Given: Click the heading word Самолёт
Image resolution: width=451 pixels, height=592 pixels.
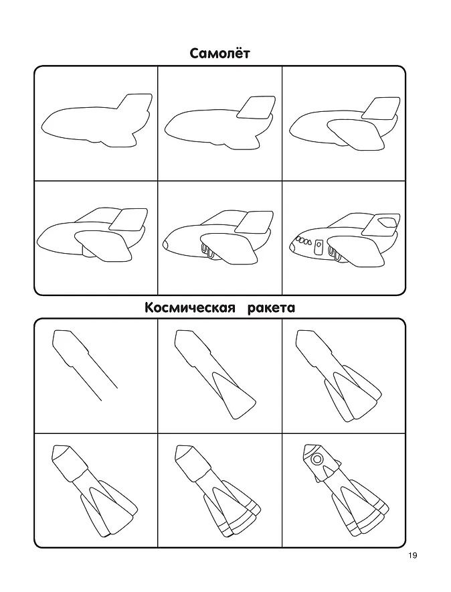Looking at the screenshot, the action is click(219, 54).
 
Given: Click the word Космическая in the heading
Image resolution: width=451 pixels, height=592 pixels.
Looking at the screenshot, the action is click(187, 308).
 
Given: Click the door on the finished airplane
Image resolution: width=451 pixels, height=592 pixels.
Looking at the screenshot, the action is click(319, 247).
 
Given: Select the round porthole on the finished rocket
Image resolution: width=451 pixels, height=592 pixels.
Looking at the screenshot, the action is click(317, 459).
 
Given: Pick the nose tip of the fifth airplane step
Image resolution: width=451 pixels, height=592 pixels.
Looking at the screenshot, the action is click(165, 244).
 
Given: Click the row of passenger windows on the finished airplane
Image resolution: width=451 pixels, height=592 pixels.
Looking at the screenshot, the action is click(303, 241).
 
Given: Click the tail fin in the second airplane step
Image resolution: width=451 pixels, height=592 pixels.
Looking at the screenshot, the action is click(256, 107).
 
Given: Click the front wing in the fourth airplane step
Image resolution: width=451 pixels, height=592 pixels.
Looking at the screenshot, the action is click(104, 246).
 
